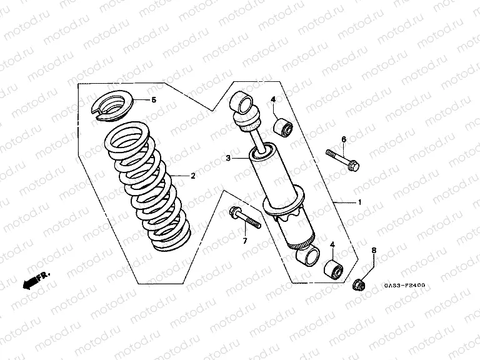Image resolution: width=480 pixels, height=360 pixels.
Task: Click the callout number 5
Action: point(155,100)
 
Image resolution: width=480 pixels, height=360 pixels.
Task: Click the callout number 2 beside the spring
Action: point(193,176)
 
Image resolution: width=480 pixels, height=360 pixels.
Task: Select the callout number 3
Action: point(229,159)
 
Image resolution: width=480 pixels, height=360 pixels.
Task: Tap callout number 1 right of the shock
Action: point(359,202)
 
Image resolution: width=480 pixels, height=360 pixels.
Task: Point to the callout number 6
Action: point(343,139)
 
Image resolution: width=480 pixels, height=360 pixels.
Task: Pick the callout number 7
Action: point(244,241)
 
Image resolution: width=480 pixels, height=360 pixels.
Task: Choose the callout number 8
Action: point(374,251)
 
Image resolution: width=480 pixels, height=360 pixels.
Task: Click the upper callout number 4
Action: point(273,100)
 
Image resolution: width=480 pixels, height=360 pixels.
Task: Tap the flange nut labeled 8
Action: point(359,285)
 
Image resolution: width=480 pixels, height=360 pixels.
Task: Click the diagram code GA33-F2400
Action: point(404,286)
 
